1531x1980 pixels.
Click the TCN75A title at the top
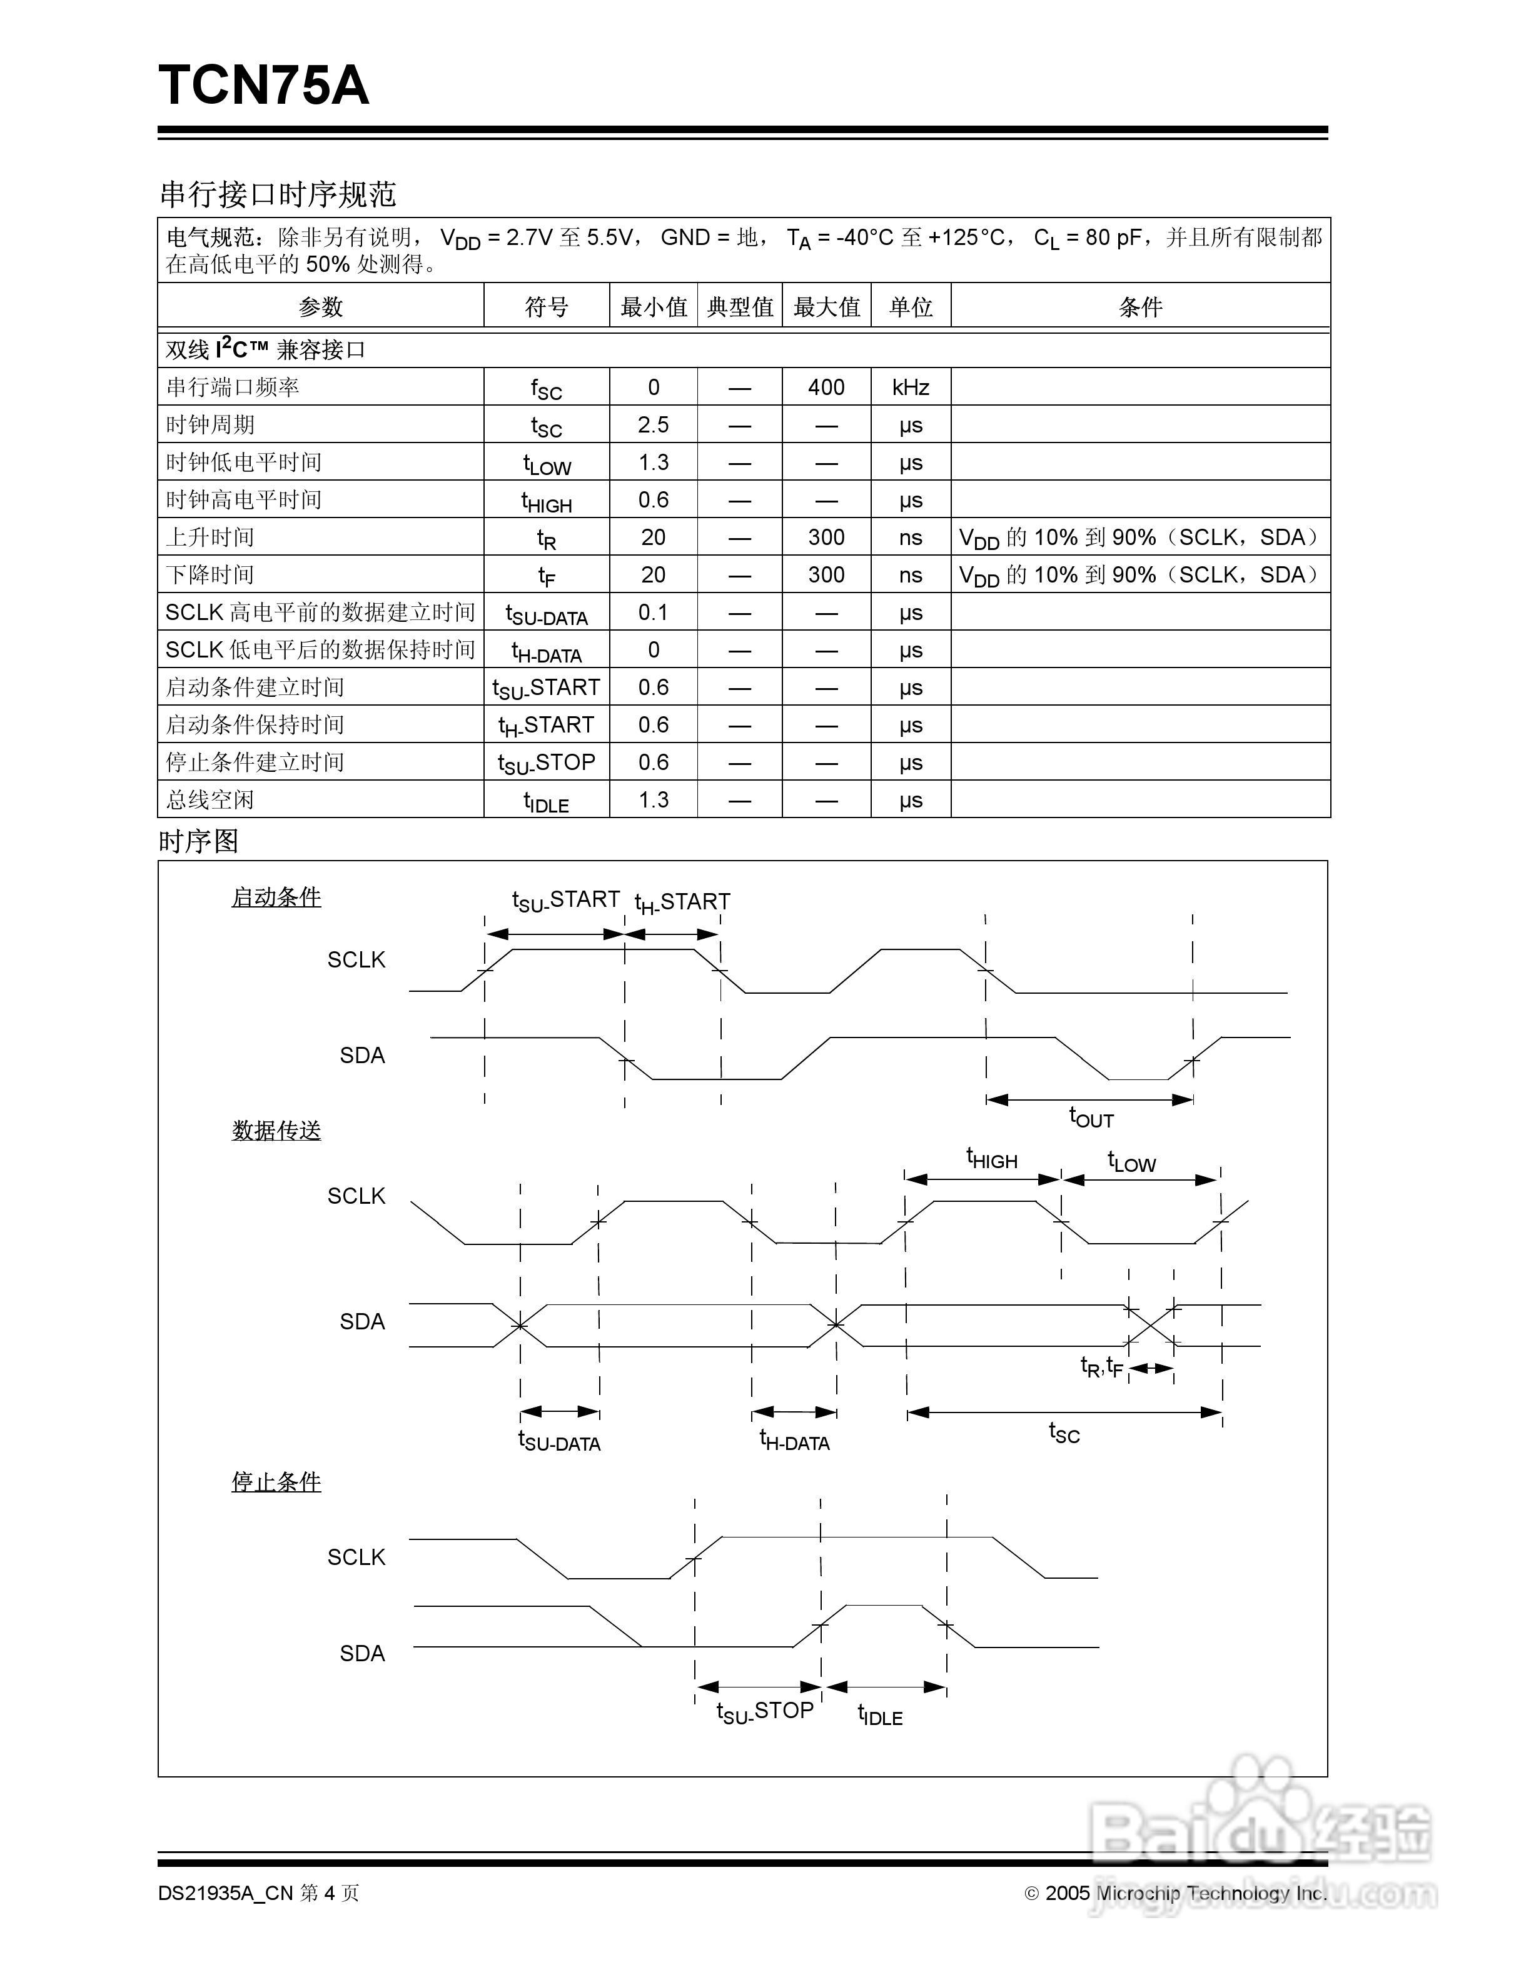264,86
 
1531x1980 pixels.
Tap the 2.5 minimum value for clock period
653,424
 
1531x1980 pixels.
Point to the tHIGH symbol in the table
546,501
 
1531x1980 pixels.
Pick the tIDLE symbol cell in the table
546,801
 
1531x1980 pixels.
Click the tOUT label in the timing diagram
1091,1118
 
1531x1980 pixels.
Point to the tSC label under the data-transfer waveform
1064,1432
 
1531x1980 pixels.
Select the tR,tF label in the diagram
1101,1366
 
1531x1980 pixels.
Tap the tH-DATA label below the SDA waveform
794,1439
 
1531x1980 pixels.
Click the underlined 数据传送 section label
276,1131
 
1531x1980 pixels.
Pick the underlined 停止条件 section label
276,1481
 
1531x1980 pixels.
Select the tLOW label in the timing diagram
1132,1161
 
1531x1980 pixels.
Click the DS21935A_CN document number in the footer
225,1893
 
